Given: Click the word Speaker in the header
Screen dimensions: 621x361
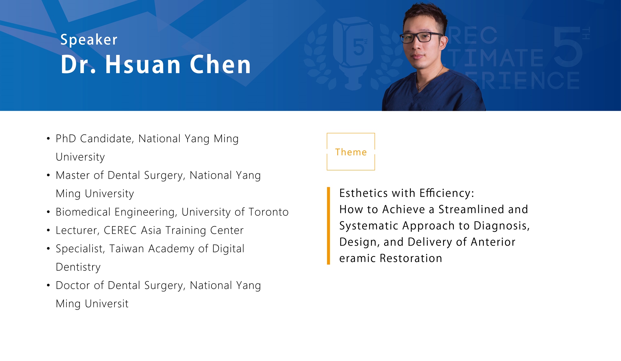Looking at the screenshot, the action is tap(89, 40).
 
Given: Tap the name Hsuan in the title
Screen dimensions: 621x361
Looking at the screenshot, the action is tap(143, 64).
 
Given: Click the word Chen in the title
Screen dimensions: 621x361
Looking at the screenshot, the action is tap(220, 64).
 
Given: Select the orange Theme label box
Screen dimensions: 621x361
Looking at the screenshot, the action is tap(351, 133).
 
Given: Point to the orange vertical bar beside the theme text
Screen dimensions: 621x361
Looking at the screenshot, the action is tap(329, 226).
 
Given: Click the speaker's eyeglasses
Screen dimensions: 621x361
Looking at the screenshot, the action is tap(421, 38).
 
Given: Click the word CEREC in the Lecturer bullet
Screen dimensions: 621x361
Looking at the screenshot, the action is tap(120, 230).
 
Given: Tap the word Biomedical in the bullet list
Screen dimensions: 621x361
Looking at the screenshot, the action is tap(83, 212).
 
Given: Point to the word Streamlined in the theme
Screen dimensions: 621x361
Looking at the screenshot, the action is tap(472, 210).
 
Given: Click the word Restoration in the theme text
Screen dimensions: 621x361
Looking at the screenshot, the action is tap(411, 258).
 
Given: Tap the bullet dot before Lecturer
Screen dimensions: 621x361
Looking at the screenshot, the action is tap(48, 230).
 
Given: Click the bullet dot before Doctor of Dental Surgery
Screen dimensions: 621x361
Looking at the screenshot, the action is tap(48, 285).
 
